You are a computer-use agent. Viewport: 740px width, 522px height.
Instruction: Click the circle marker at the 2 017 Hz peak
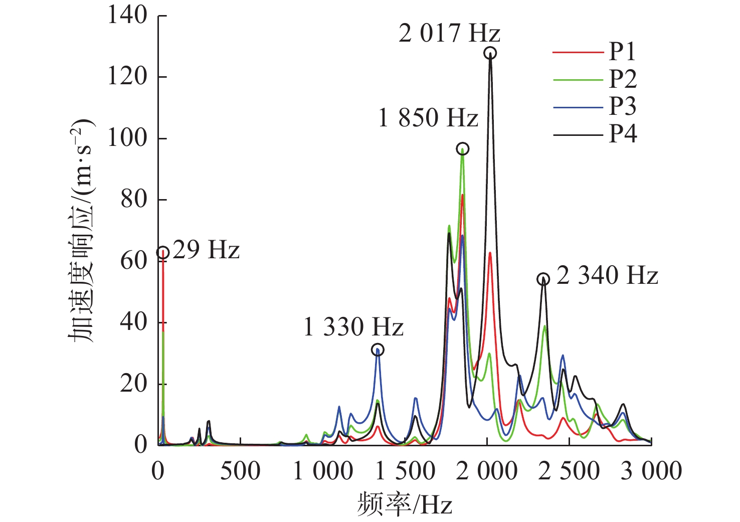pyautogui.click(x=490, y=53)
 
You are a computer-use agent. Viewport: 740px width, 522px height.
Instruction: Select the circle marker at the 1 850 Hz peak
pyautogui.click(x=462, y=148)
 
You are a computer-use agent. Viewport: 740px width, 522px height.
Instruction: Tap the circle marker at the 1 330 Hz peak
pyautogui.click(x=378, y=350)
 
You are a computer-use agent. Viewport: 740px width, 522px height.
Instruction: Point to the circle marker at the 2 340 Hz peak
pyautogui.click(x=543, y=279)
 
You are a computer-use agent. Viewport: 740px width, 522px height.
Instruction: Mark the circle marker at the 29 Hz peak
pyautogui.click(x=162, y=253)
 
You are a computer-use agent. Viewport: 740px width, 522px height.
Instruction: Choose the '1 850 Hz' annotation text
pyautogui.click(x=428, y=118)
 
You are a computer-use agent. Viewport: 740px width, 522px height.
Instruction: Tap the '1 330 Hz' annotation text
pyautogui.click(x=353, y=327)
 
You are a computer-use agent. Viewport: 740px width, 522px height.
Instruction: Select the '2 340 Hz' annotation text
pyautogui.click(x=607, y=276)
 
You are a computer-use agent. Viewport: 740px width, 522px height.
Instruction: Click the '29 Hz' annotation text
pyautogui.click(x=206, y=250)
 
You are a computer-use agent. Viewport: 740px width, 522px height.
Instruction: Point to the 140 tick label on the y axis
pyautogui.click(x=127, y=16)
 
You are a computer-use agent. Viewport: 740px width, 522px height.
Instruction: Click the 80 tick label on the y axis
pyautogui.click(x=134, y=200)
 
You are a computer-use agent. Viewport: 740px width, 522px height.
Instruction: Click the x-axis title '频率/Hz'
pyautogui.click(x=405, y=504)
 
